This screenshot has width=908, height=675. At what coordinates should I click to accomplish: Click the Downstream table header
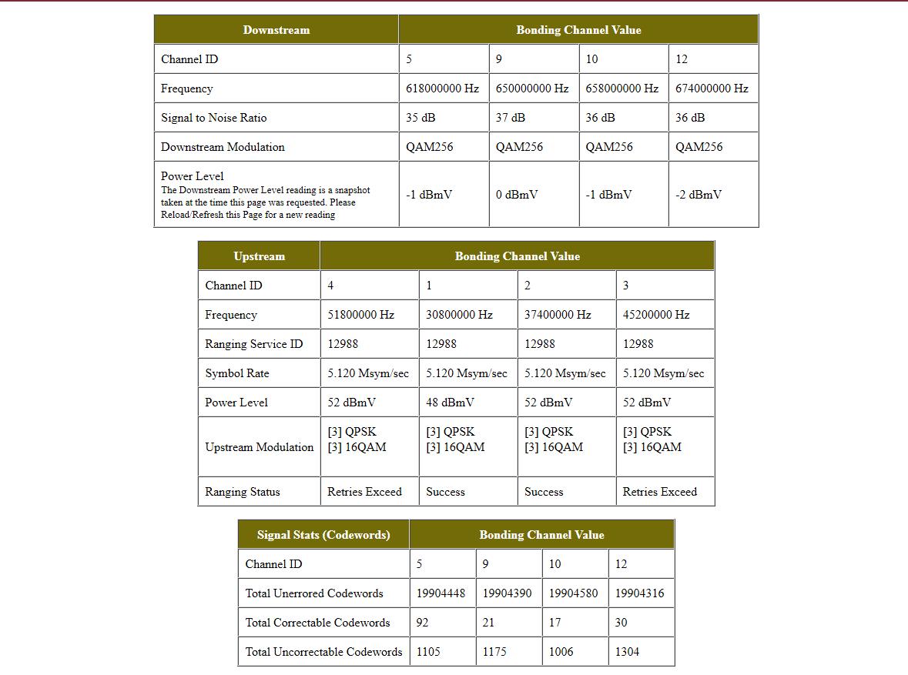click(276, 30)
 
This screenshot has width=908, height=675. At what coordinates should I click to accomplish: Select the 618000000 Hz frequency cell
click(442, 89)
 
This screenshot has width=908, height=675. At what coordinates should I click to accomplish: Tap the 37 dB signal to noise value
click(510, 118)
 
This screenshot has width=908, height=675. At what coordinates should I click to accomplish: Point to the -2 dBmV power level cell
click(698, 195)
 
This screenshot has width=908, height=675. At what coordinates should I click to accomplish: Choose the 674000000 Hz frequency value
click(712, 89)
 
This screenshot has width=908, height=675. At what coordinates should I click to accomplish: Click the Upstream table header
click(259, 256)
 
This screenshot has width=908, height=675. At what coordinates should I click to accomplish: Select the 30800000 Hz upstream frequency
click(459, 315)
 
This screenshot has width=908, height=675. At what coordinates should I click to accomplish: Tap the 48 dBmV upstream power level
click(450, 403)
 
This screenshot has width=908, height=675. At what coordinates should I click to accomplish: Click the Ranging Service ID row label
click(253, 344)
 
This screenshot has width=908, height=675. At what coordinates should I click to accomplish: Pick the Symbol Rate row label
click(237, 373)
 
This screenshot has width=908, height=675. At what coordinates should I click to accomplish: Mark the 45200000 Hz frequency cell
click(656, 315)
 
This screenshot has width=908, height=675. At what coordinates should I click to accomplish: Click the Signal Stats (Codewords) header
click(323, 535)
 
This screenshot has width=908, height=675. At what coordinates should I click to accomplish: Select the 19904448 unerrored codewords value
click(441, 593)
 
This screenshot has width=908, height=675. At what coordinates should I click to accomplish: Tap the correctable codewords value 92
click(422, 623)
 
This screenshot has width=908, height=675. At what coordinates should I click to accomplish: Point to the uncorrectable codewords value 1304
click(627, 652)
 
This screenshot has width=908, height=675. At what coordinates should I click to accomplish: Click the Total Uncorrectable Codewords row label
click(323, 652)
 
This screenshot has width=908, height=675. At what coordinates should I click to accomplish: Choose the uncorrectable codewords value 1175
click(494, 652)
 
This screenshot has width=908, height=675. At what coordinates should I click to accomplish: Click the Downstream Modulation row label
click(223, 147)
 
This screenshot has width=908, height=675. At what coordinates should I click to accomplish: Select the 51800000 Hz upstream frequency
click(360, 315)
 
